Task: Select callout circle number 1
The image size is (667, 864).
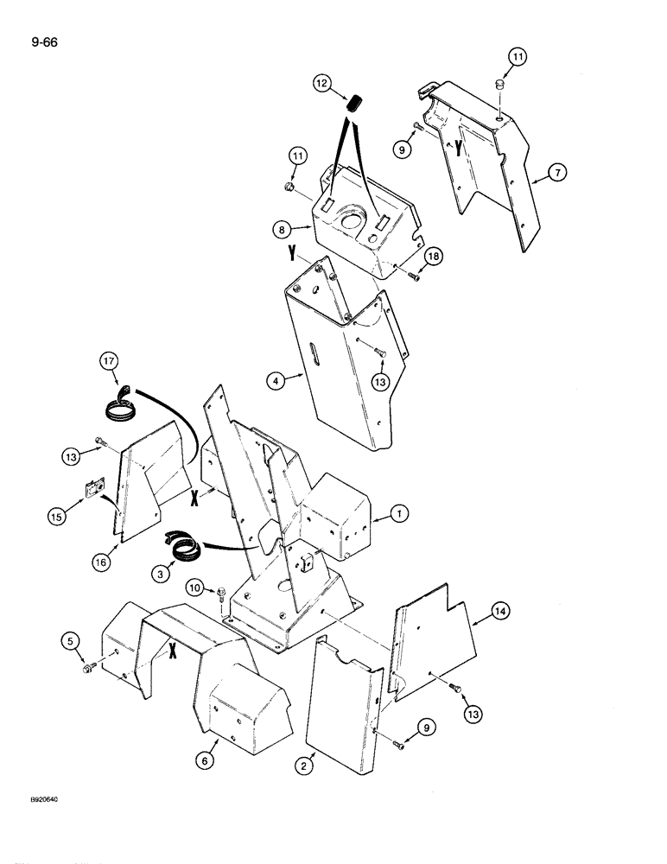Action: coord(398,515)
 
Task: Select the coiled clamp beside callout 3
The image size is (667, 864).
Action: coord(186,546)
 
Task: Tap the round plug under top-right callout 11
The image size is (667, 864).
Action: coord(499,84)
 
